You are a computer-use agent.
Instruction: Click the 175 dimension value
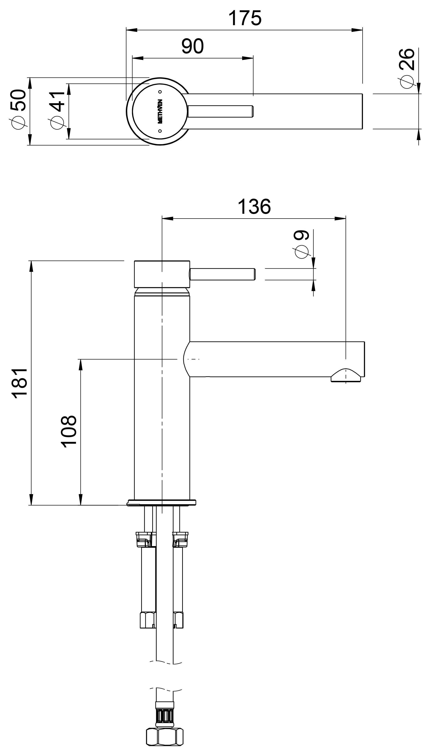click(245, 18)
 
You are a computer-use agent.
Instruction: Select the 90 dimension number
click(192, 46)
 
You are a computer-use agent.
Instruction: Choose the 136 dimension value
click(254, 207)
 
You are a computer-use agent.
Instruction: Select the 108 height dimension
click(69, 431)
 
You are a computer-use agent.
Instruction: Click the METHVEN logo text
click(160, 111)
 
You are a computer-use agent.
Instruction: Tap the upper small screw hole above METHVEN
click(160, 92)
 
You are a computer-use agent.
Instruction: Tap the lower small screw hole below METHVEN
click(160, 131)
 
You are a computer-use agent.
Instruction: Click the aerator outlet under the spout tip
click(346, 376)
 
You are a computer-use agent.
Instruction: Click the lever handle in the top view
click(220, 111)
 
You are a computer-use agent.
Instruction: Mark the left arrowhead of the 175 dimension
click(132, 30)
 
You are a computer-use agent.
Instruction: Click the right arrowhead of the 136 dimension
click(340, 219)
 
